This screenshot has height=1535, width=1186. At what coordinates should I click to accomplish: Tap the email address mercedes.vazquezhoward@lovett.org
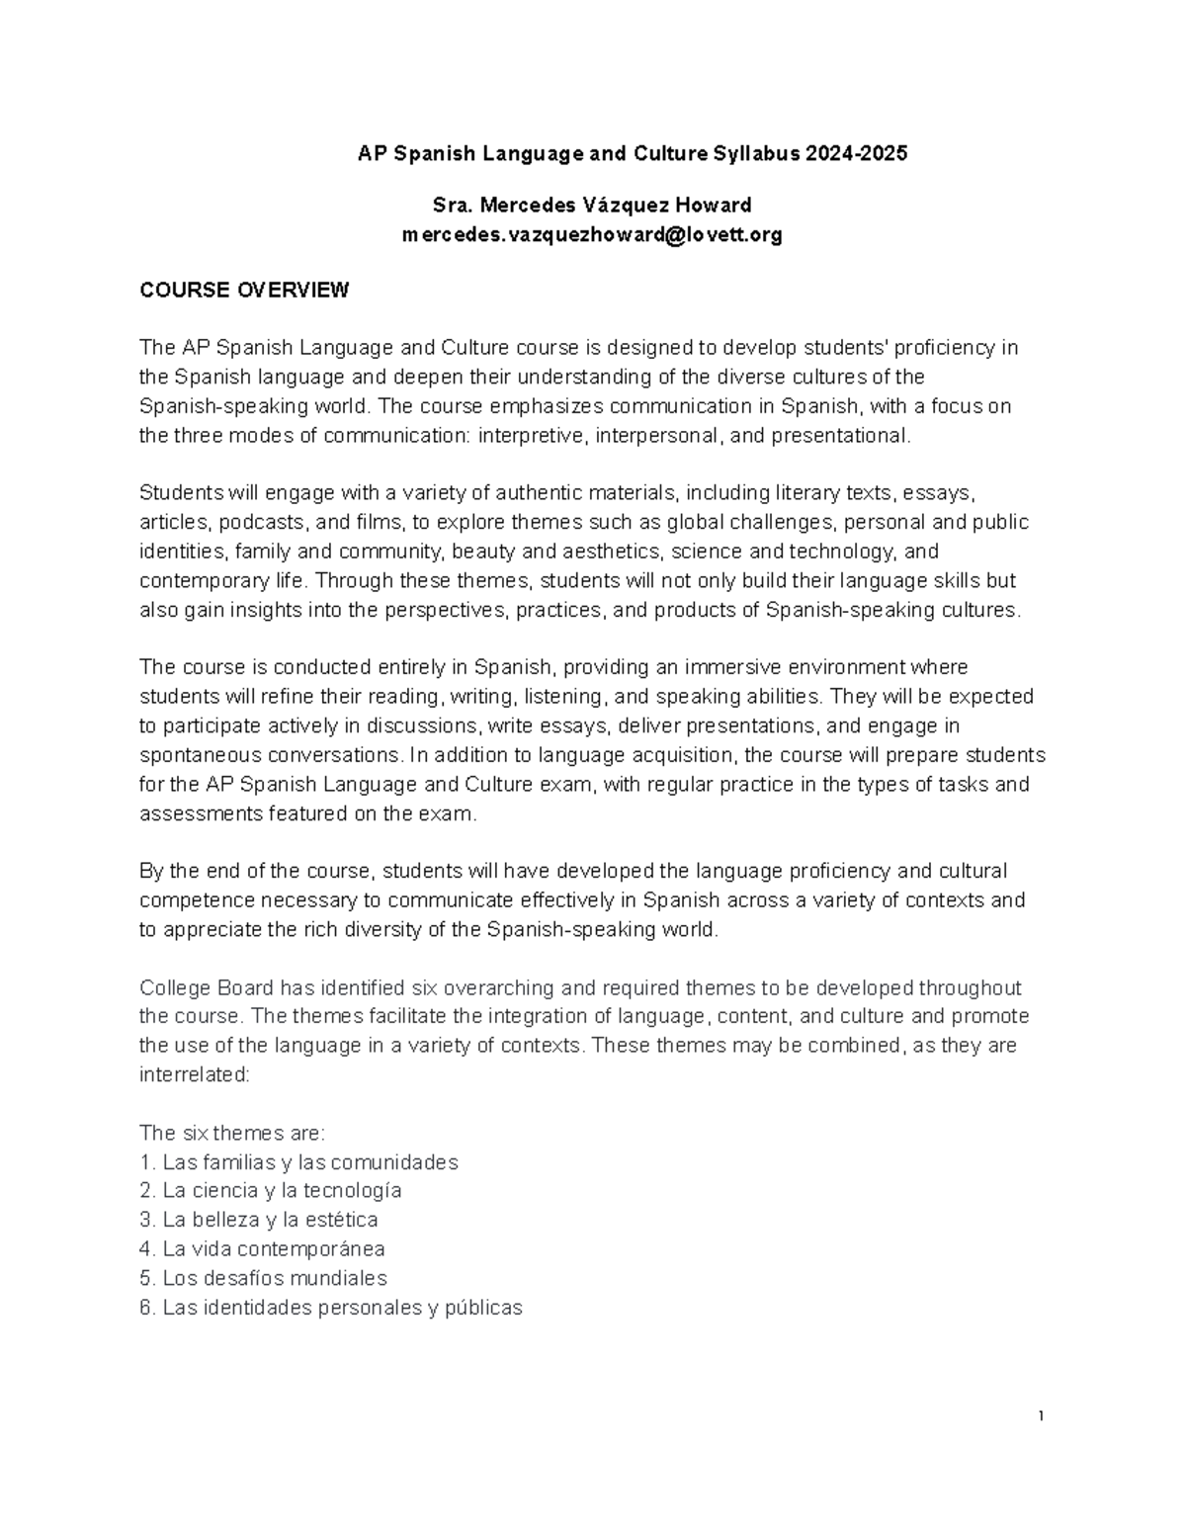(x=592, y=235)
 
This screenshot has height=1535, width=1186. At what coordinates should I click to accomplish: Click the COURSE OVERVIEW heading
(x=244, y=291)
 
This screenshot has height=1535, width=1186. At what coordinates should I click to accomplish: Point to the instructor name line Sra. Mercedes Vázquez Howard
(x=592, y=206)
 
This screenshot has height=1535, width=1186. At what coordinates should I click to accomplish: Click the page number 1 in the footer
(x=1042, y=1416)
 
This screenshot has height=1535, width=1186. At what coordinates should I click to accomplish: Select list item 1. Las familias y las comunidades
(x=298, y=1162)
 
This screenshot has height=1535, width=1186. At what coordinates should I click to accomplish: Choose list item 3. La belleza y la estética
(x=259, y=1220)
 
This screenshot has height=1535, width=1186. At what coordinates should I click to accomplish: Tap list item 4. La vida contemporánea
(x=262, y=1249)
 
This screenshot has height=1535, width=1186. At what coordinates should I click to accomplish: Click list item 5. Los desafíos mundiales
(x=263, y=1278)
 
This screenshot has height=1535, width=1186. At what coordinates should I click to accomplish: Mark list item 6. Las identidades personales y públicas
(x=330, y=1308)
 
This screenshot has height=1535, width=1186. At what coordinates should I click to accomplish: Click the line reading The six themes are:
(x=231, y=1133)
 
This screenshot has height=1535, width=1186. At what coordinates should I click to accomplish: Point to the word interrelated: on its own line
(x=195, y=1074)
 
